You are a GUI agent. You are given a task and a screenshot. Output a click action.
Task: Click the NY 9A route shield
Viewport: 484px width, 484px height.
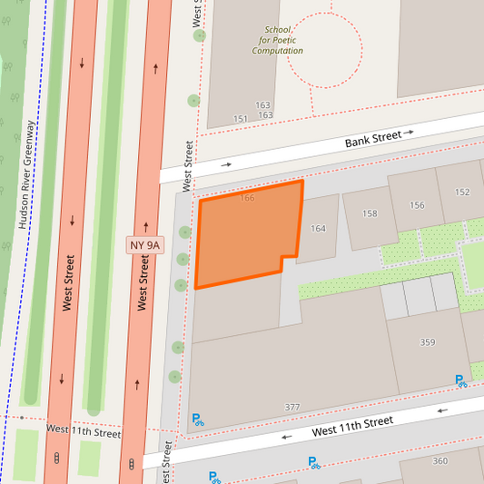click(x=143, y=244)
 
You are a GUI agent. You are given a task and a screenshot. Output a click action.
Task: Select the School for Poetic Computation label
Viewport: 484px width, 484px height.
click(x=277, y=40)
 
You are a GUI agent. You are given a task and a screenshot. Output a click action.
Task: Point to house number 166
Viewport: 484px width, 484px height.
click(x=247, y=198)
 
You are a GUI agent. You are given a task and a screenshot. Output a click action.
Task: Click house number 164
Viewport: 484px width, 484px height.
click(x=318, y=228)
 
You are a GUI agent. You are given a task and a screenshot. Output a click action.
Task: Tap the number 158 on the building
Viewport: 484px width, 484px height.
click(x=370, y=213)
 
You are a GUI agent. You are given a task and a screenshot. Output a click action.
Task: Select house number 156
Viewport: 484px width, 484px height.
click(x=417, y=204)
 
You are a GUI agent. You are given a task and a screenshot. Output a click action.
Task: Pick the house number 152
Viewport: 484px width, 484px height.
click(x=462, y=192)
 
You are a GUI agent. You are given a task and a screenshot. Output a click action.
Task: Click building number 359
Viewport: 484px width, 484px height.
click(x=428, y=342)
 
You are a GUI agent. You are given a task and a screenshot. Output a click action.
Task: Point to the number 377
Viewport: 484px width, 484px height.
click(x=291, y=407)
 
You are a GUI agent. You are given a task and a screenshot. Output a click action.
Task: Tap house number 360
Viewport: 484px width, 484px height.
click(x=440, y=461)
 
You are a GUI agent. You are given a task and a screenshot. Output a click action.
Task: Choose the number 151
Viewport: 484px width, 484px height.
click(x=241, y=119)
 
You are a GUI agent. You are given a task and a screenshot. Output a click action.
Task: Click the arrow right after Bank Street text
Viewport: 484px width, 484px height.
click(x=409, y=133)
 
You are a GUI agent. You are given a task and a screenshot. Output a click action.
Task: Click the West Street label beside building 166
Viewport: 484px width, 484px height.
click(x=188, y=165)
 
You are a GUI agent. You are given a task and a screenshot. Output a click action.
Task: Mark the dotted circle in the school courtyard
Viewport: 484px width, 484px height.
click(x=324, y=50)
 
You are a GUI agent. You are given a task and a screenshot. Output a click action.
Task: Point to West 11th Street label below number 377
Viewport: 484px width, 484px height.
click(x=353, y=427)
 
